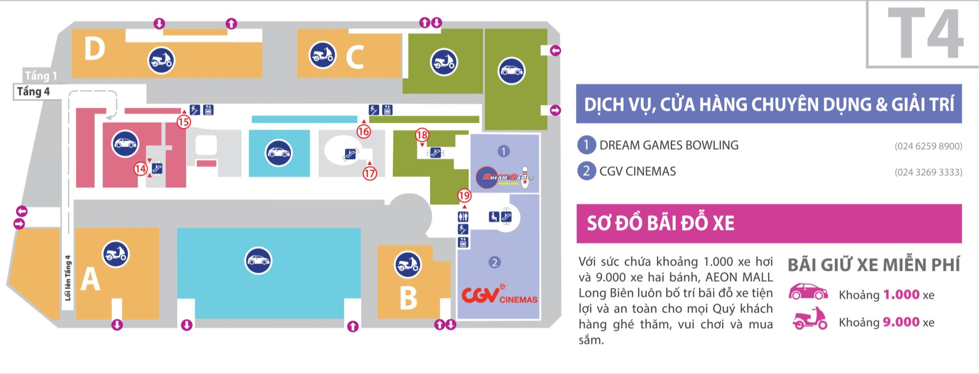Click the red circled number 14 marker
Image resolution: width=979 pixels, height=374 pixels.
click(x=141, y=169)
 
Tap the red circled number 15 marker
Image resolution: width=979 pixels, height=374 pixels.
click(x=184, y=122)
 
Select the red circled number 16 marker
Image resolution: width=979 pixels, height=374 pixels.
click(x=364, y=132)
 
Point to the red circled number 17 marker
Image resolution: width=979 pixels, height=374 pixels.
click(x=370, y=174)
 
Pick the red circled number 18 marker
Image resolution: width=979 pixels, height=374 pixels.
click(x=422, y=135)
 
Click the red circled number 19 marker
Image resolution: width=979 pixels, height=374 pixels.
click(x=464, y=196)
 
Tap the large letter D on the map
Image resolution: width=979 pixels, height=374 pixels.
click(x=95, y=49)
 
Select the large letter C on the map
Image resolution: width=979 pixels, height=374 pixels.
click(x=355, y=57)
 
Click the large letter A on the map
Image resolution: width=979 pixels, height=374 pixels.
click(x=91, y=279)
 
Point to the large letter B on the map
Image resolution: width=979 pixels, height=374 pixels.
click(x=408, y=298)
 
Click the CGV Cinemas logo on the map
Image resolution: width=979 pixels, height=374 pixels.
click(x=499, y=294)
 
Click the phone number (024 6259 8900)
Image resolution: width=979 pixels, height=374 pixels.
click(x=928, y=146)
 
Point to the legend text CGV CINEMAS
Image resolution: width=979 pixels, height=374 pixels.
click(x=638, y=172)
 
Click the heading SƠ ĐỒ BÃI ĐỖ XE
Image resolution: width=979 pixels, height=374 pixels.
click(x=660, y=223)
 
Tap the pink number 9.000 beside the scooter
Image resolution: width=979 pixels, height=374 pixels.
click(x=901, y=322)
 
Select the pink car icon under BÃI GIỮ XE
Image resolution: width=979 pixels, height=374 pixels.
click(x=808, y=292)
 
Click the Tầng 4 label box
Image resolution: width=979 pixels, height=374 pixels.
click(x=33, y=92)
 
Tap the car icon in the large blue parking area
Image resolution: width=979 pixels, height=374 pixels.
click(x=258, y=261)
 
